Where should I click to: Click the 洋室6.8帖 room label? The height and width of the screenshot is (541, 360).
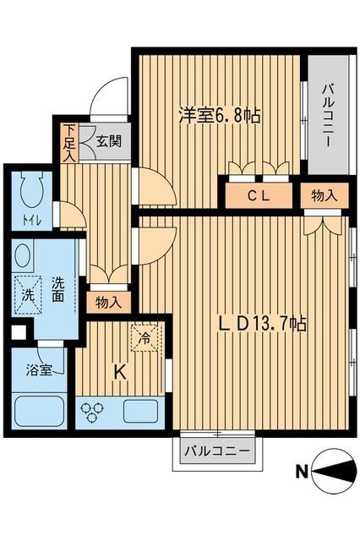tap(219, 117)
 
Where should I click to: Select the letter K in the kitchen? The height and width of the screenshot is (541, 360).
tap(119, 370)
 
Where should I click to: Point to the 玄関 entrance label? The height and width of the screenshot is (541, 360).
tap(107, 141)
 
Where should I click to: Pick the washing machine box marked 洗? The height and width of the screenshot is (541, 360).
tap(28, 295)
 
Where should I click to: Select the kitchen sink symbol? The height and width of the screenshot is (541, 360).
tap(142, 412)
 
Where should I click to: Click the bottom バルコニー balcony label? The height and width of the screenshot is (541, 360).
tap(218, 451)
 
